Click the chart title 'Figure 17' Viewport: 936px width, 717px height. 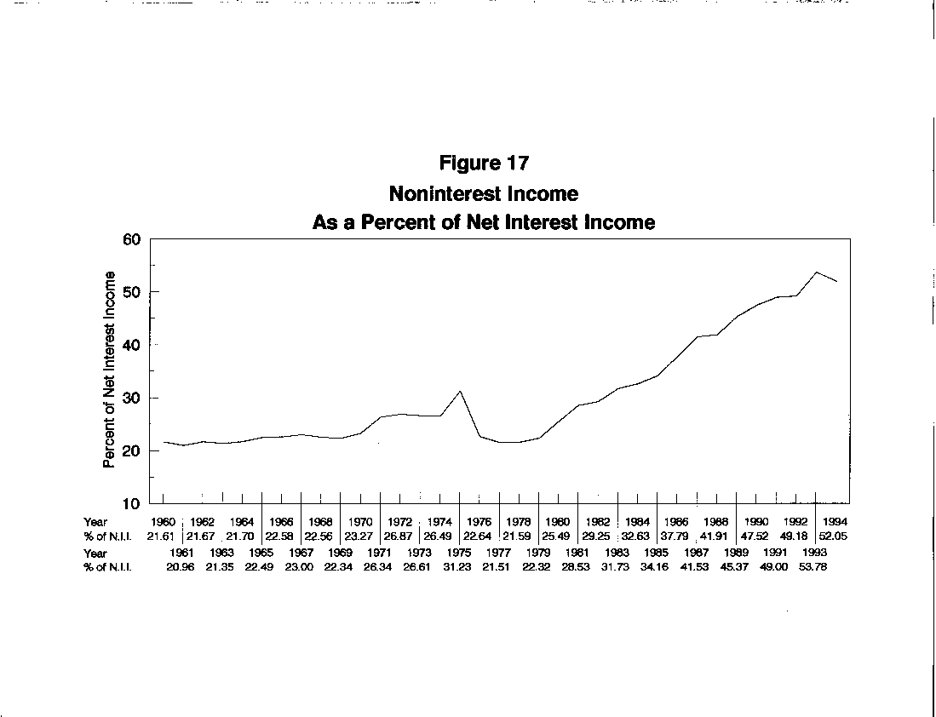click(484, 163)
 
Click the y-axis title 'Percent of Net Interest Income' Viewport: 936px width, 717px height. click(109, 370)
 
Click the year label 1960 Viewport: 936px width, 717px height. click(163, 521)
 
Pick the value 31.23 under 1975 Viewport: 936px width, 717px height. click(459, 567)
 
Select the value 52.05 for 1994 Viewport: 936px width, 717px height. click(835, 535)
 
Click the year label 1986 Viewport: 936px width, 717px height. click(676, 521)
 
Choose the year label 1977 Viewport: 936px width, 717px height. click(498, 554)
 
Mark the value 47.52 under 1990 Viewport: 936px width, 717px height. click(755, 535)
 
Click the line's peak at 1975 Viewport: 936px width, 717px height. click(460, 391)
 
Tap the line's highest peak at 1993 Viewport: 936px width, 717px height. click(816, 272)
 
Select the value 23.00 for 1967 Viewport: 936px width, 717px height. click(301, 567)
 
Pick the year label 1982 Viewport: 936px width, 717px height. click(597, 521)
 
